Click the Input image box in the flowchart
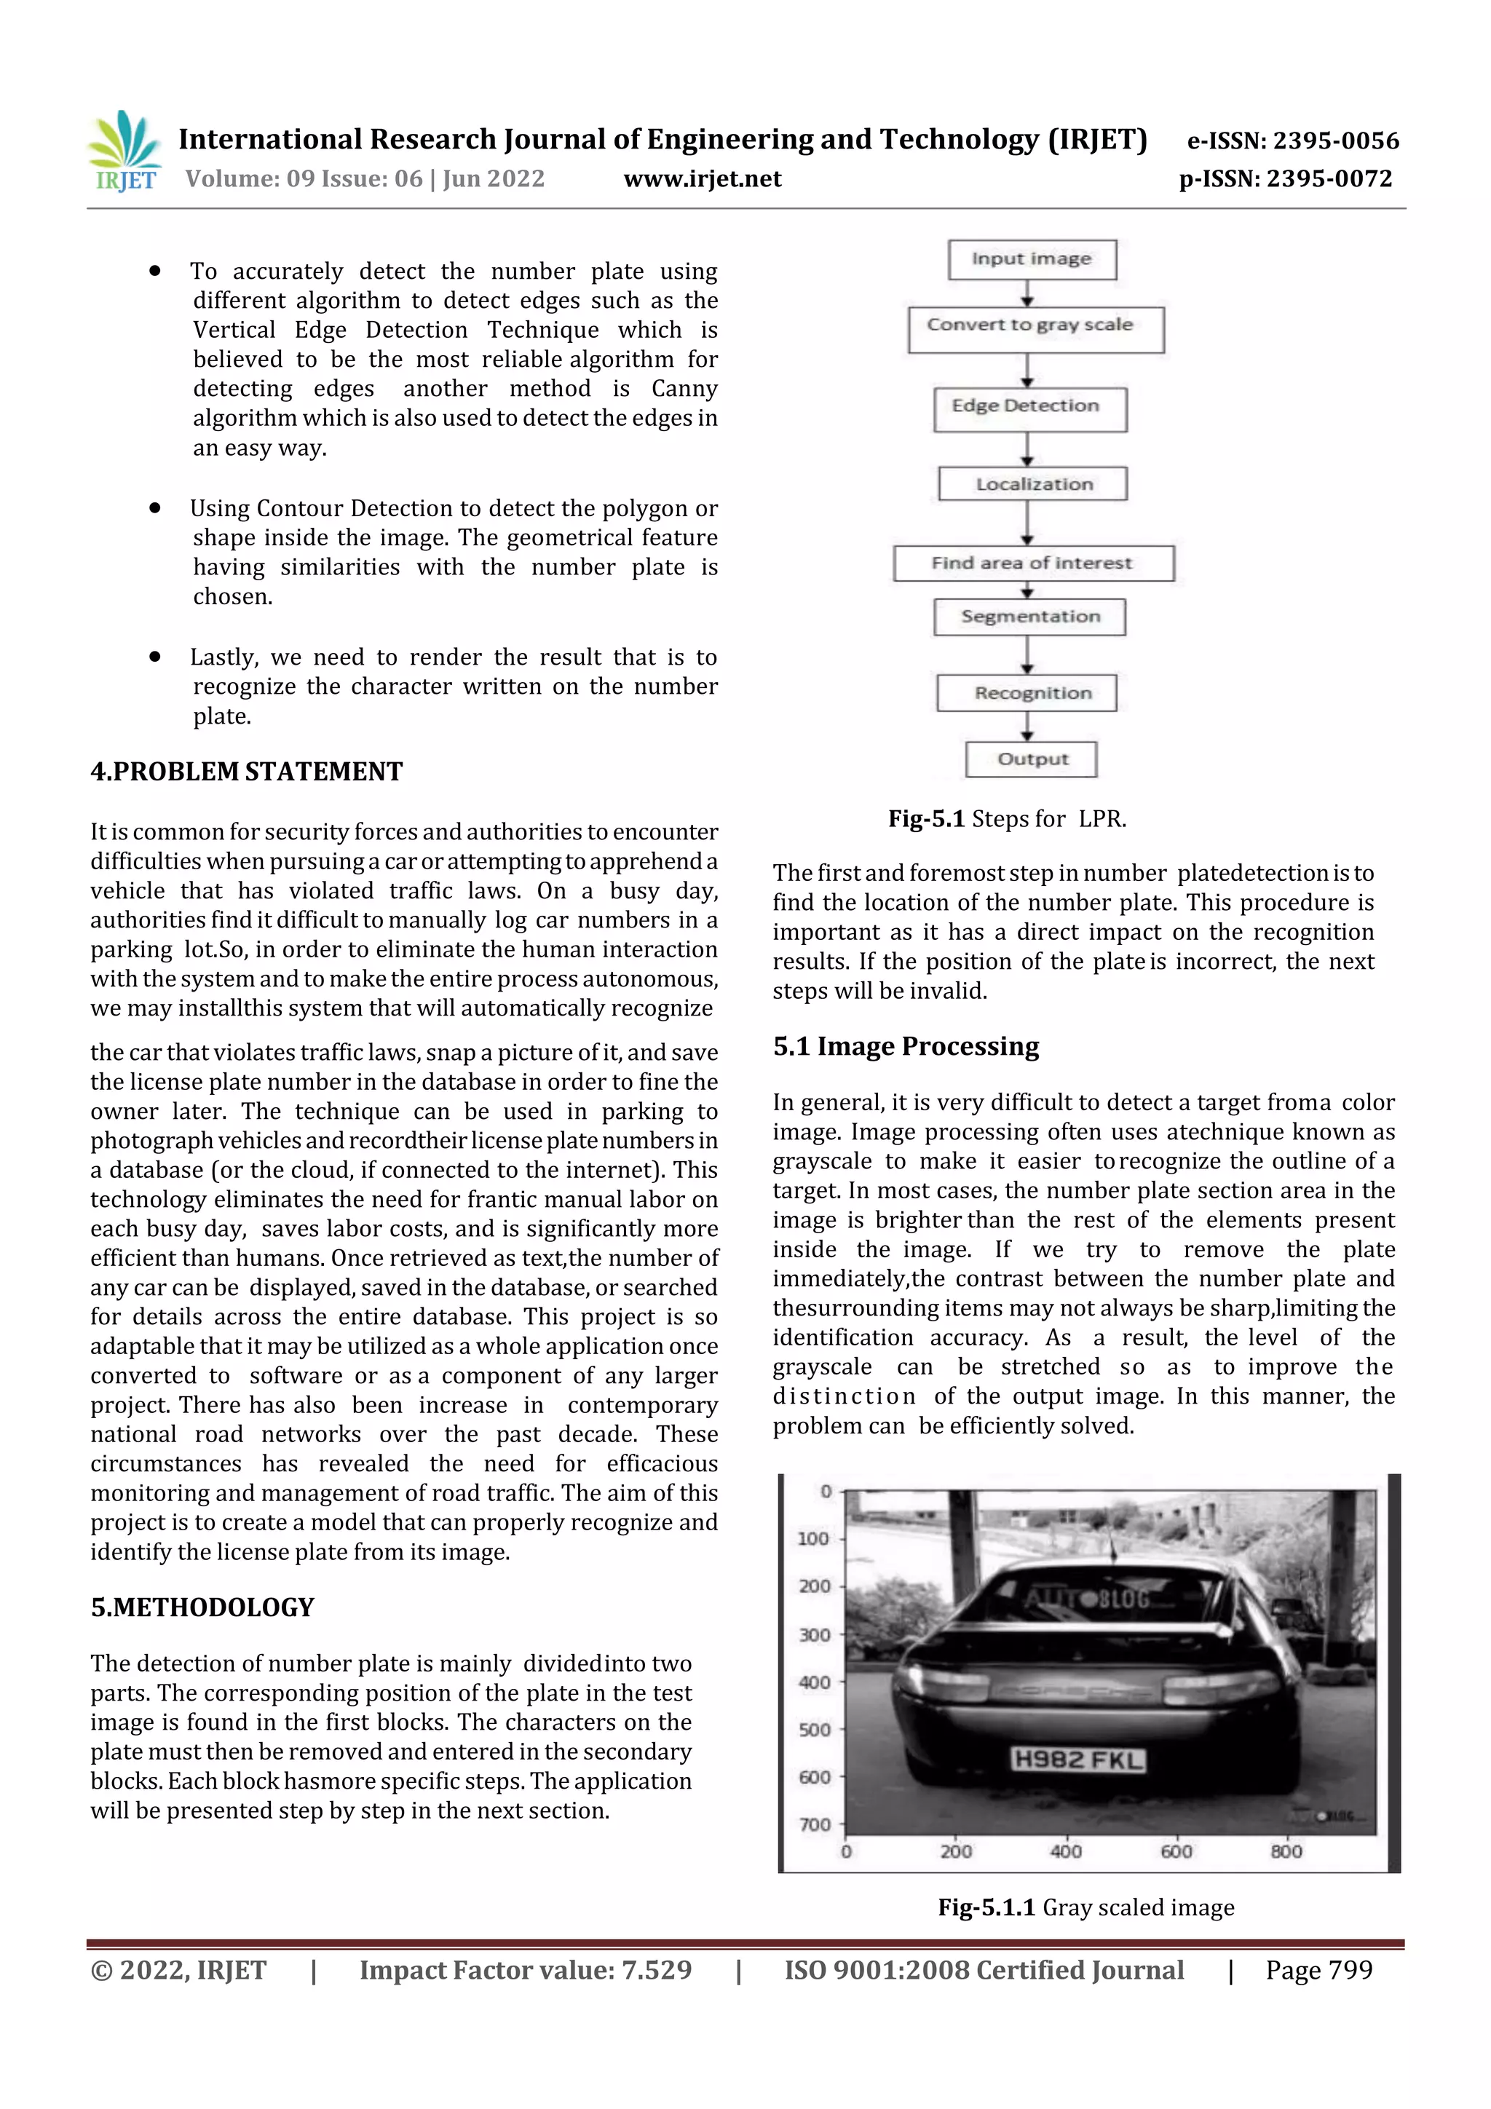coord(1032,259)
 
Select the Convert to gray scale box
coord(1035,329)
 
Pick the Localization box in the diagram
coord(1032,484)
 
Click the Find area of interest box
coord(1032,563)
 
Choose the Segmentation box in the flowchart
coord(1030,617)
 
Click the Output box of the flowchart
coord(1031,759)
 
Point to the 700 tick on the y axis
coord(815,1824)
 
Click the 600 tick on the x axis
coord(1176,1851)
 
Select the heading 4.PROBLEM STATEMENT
coord(246,772)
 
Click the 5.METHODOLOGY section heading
coord(202,1607)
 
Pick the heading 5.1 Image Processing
coord(906,1046)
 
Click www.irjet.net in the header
coord(703,179)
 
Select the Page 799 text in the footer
coord(1318,1970)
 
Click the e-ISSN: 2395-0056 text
coord(1292,141)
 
